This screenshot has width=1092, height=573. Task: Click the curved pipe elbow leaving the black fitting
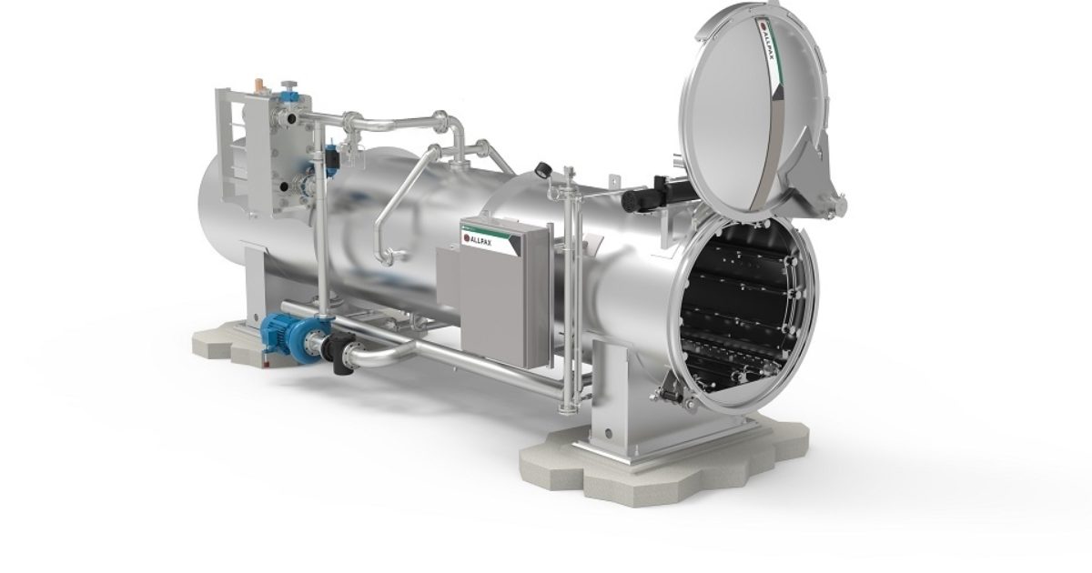[x=369, y=359]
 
